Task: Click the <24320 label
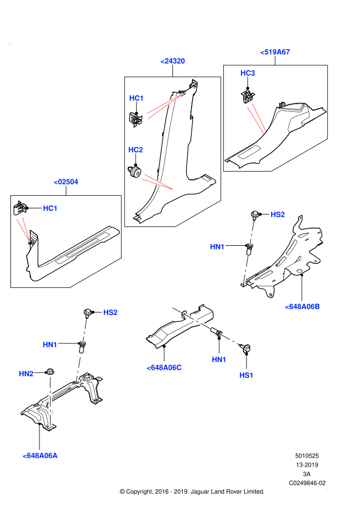coord(172,61)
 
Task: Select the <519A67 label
coord(275,52)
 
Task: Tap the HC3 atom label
coord(248,73)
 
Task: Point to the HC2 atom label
coord(136,150)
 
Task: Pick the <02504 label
coord(66,182)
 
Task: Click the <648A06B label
coord(302,307)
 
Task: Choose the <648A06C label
coord(164,367)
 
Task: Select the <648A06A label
coord(40,455)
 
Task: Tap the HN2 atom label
coord(26,374)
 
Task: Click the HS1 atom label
coord(246,375)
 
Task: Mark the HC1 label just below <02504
coord(50,208)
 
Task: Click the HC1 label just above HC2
coord(136,98)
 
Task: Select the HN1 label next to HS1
coord(219,359)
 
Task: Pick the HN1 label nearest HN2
coord(50,344)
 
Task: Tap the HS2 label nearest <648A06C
coord(110,313)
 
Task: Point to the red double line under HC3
coord(257,119)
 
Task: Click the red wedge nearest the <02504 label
coord(24,228)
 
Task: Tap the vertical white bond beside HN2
coord(50,401)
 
